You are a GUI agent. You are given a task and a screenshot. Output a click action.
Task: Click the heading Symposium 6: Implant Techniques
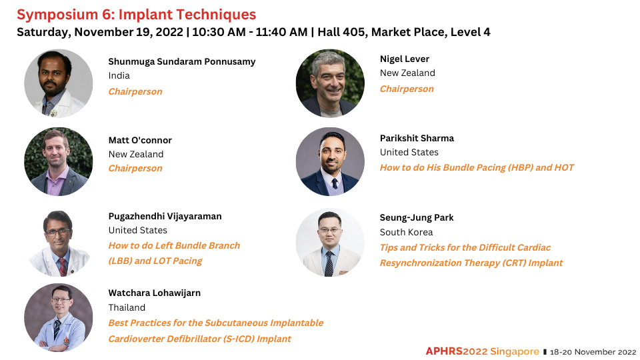(136, 15)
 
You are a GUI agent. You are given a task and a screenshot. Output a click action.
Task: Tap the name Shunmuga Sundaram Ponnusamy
(181, 61)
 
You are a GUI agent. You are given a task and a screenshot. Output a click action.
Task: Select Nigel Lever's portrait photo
(330, 84)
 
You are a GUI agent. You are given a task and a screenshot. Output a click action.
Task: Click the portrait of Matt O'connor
(59, 161)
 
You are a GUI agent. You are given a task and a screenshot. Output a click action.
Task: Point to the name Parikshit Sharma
(417, 139)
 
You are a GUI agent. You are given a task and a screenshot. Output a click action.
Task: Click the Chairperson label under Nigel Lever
(407, 89)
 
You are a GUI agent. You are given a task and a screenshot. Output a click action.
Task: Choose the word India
(119, 76)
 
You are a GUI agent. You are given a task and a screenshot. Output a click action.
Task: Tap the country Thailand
(127, 307)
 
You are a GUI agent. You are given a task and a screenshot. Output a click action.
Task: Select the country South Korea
(406, 232)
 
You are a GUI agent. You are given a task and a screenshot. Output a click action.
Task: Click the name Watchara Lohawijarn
(154, 293)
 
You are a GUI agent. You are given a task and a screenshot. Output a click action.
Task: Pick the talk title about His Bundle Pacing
(477, 168)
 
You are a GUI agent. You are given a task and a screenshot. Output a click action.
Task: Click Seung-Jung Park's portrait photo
(330, 243)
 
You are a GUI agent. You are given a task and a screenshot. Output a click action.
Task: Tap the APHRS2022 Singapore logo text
(483, 351)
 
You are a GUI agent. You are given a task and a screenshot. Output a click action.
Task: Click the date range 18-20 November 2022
(593, 352)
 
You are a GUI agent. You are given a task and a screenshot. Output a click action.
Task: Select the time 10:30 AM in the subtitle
(219, 32)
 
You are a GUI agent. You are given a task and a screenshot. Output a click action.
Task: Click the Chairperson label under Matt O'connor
(135, 169)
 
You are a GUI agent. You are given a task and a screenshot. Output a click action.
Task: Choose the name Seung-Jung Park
(416, 218)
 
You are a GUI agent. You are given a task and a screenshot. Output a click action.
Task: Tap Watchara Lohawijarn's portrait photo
(59, 317)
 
